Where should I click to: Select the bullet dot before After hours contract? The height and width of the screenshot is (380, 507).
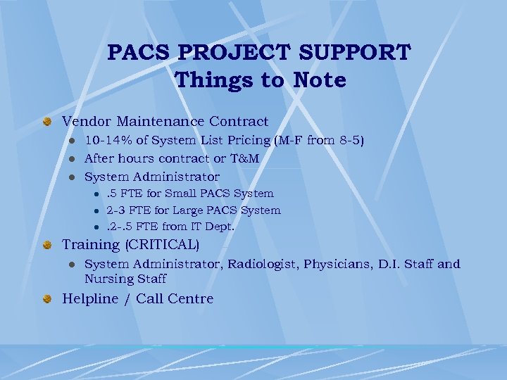(71, 159)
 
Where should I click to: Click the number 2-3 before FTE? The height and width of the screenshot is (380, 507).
(116, 210)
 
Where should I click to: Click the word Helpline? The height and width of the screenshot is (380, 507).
(90, 298)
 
